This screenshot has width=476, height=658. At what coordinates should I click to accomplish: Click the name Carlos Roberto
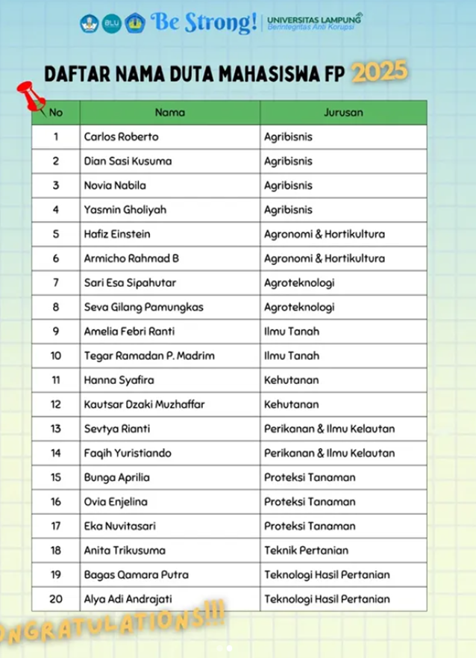click(121, 137)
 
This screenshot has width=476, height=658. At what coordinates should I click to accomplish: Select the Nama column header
click(169, 113)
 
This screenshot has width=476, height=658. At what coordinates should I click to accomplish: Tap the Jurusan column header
click(343, 113)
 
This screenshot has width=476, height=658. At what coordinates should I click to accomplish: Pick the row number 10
click(56, 356)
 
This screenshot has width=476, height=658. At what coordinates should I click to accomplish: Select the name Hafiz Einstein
click(117, 234)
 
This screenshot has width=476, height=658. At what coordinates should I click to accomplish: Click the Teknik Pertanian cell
click(306, 550)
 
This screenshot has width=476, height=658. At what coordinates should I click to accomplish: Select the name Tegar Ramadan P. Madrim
click(148, 356)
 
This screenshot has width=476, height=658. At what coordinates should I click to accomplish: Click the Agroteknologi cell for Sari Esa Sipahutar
click(299, 282)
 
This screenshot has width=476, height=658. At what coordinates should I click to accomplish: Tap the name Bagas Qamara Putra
click(126, 574)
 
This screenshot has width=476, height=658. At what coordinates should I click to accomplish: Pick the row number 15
click(56, 477)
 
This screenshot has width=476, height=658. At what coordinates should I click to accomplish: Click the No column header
click(56, 113)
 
